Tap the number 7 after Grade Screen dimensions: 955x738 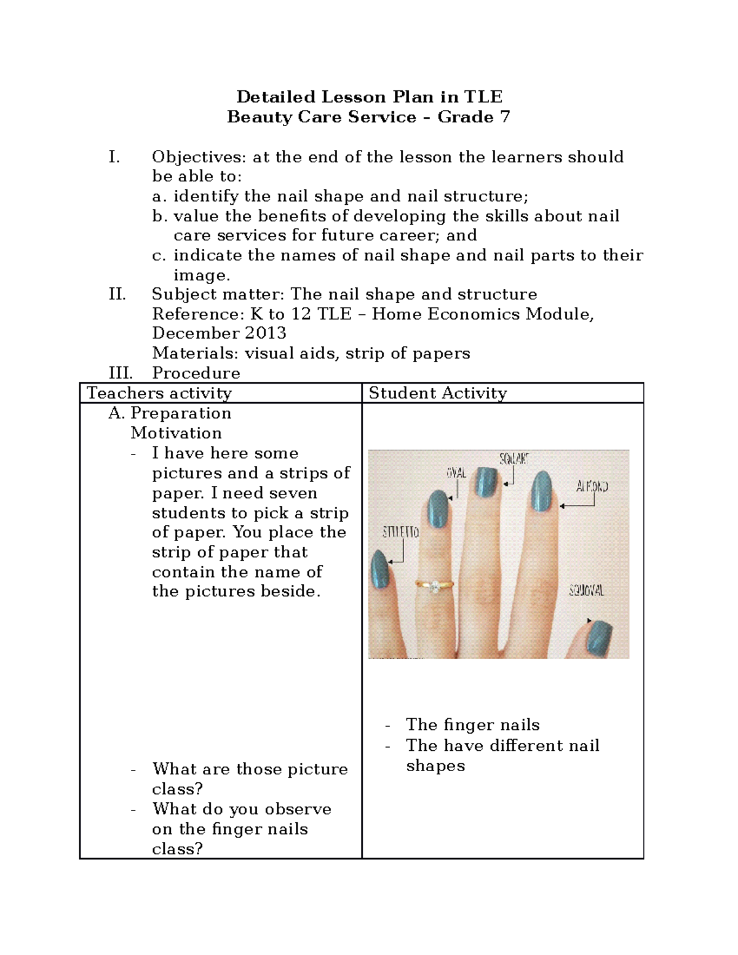[x=505, y=117]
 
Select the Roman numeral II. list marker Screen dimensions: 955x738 [x=117, y=294]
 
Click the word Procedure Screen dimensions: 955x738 [x=196, y=373]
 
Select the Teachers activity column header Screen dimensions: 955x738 [x=159, y=393]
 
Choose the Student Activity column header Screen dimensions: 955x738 [x=437, y=393]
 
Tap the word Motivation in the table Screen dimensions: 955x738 [x=176, y=433]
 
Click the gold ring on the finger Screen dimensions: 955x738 [x=433, y=586]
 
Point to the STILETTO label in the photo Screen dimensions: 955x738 [x=400, y=532]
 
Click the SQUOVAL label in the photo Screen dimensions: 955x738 [x=586, y=591]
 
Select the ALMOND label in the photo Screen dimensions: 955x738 [x=592, y=487]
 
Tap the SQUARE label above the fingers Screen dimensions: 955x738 [x=514, y=459]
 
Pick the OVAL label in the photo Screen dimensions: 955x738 [x=456, y=474]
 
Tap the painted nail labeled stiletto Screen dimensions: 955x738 [x=380, y=569]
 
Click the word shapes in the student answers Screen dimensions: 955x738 [x=435, y=766]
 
